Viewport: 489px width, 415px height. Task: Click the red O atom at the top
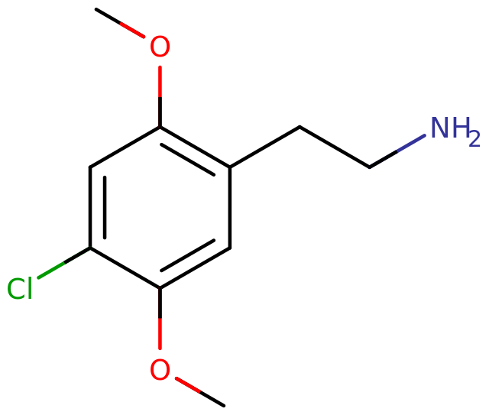coord(160,47)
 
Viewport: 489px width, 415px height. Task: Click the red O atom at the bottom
coord(160,371)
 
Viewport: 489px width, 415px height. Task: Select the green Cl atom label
coord(20,290)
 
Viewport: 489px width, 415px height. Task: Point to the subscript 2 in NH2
coord(474,140)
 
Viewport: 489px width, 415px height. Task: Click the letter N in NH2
coord(441,128)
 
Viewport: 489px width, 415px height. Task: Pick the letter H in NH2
coord(459,128)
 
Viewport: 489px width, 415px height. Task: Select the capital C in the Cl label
coord(15,290)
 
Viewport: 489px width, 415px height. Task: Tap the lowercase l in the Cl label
coord(28,289)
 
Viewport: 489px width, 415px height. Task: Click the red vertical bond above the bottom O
coord(160,334)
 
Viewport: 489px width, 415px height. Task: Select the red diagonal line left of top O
coord(132,30)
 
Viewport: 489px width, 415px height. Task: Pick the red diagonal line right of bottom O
coord(188,384)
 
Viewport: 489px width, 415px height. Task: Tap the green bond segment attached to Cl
coord(51,270)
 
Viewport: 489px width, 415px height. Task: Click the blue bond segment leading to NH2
coord(411,143)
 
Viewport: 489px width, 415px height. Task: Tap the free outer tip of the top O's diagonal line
coord(121,23)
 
